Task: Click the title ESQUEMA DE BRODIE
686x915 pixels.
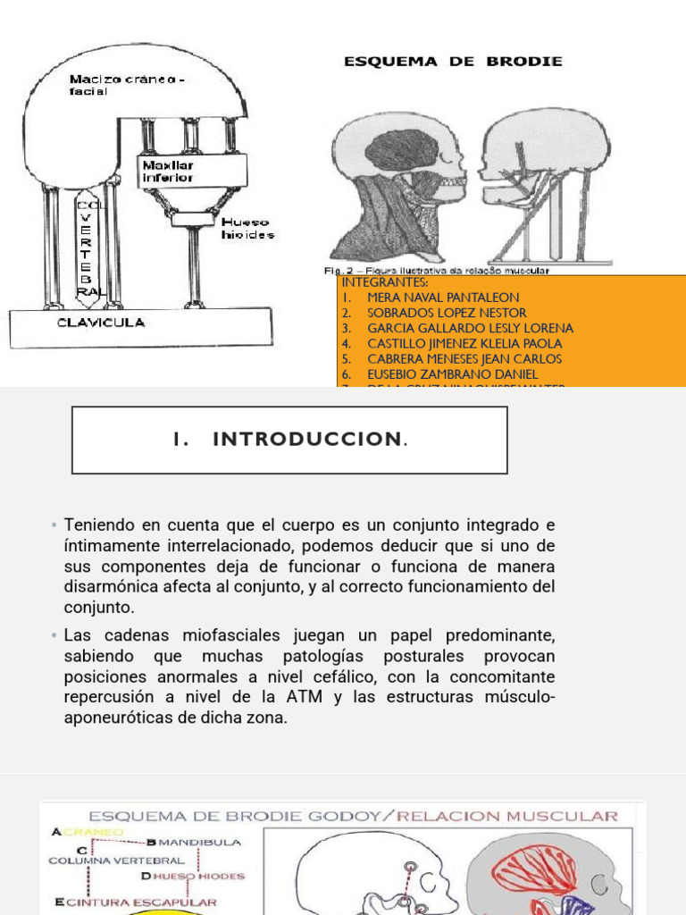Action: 454,62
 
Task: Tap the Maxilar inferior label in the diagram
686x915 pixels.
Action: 167,172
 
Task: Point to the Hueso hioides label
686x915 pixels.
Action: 249,228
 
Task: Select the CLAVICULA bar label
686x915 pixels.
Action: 102,323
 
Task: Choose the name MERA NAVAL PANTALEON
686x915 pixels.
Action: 443,298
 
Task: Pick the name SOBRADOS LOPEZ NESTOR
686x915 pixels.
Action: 447,313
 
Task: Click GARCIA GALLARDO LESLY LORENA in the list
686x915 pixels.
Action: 470,328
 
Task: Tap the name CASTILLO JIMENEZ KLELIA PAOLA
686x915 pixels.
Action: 464,343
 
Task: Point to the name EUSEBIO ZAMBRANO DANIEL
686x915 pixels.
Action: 453,374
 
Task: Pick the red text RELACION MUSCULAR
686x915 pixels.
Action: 508,816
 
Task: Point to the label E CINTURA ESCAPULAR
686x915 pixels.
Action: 135,902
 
